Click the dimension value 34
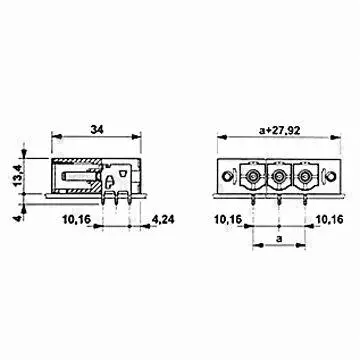tap(96, 128)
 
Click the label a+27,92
tap(266, 128)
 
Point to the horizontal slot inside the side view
tap(78, 182)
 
